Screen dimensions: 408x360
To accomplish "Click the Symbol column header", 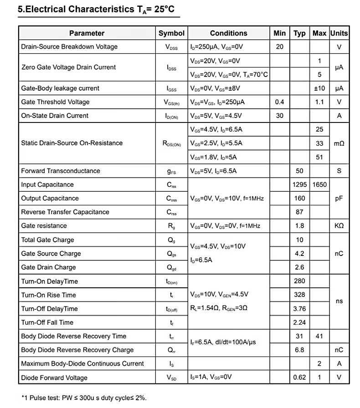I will (x=171, y=33).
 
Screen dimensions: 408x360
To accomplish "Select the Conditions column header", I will (x=228, y=33).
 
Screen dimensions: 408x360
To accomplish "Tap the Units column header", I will (x=339, y=33).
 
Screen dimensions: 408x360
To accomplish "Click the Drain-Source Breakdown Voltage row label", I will (x=69, y=47).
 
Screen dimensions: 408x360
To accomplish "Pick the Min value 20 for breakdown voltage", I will (x=279, y=47).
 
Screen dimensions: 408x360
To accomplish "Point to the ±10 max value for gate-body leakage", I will (x=319, y=88).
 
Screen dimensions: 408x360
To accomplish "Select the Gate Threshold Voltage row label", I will (x=55, y=102).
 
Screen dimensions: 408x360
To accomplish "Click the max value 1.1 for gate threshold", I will (x=319, y=102).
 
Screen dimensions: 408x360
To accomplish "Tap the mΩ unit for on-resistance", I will (x=339, y=143).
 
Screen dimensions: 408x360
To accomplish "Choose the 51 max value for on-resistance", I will (x=319, y=157).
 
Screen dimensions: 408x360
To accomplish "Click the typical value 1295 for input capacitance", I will (x=299, y=185).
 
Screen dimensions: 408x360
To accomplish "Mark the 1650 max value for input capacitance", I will (x=319, y=185).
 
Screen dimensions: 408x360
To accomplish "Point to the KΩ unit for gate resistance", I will (x=339, y=226).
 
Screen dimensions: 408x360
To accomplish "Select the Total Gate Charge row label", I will (x=47, y=240).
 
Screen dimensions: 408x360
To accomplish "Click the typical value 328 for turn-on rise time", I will (x=299, y=295).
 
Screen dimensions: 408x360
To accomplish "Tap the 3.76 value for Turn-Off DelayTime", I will (x=299, y=309).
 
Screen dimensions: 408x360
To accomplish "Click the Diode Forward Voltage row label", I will (x=54, y=377).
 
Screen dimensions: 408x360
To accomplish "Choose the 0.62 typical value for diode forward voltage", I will (x=299, y=377).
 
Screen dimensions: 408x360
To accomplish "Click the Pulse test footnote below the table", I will (x=84, y=398).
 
